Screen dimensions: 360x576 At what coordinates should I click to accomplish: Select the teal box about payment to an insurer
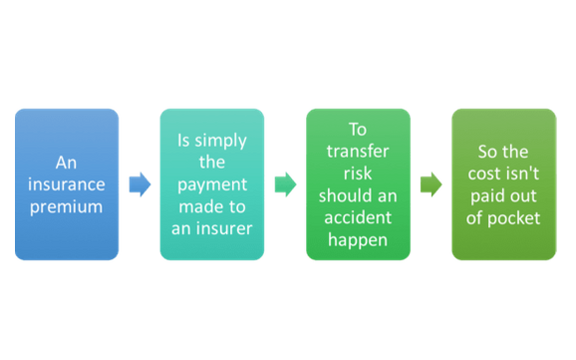point(211,184)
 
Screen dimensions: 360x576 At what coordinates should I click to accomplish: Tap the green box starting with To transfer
point(357,184)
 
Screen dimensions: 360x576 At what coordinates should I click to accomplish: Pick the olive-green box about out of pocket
point(501,184)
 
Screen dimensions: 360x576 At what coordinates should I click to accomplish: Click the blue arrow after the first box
point(140,184)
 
